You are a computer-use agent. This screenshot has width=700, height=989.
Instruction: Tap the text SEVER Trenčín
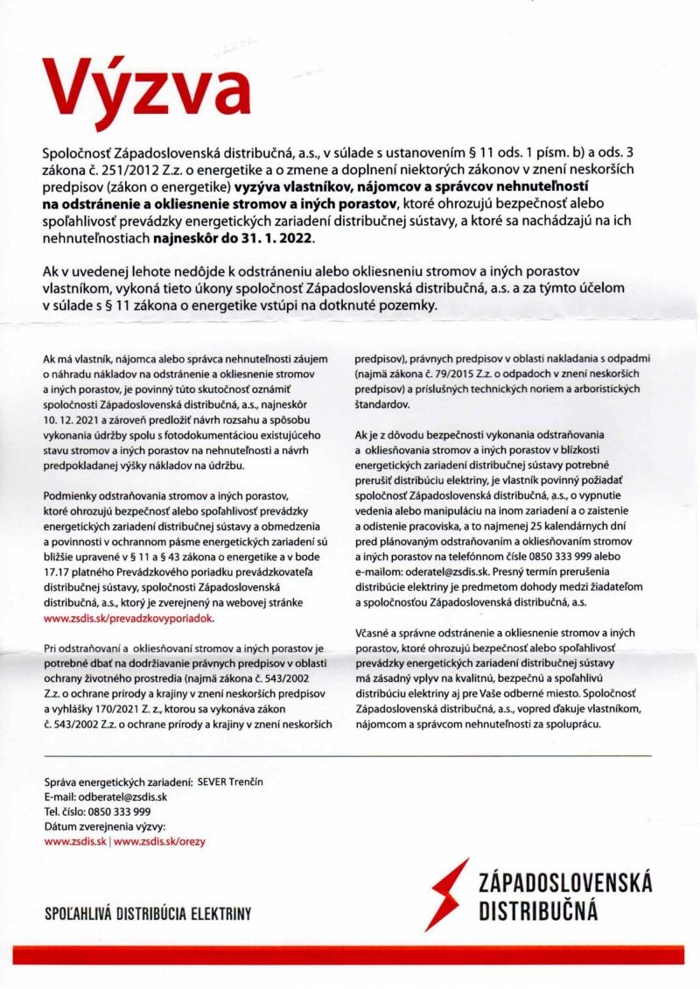[230, 782]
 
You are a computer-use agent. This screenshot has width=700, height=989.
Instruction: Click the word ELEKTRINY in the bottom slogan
[219, 914]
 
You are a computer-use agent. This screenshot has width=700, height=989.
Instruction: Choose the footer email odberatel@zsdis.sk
[123, 796]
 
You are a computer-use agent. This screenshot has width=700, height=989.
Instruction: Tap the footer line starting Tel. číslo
[96, 811]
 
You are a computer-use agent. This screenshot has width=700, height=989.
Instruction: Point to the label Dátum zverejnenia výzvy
[104, 826]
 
